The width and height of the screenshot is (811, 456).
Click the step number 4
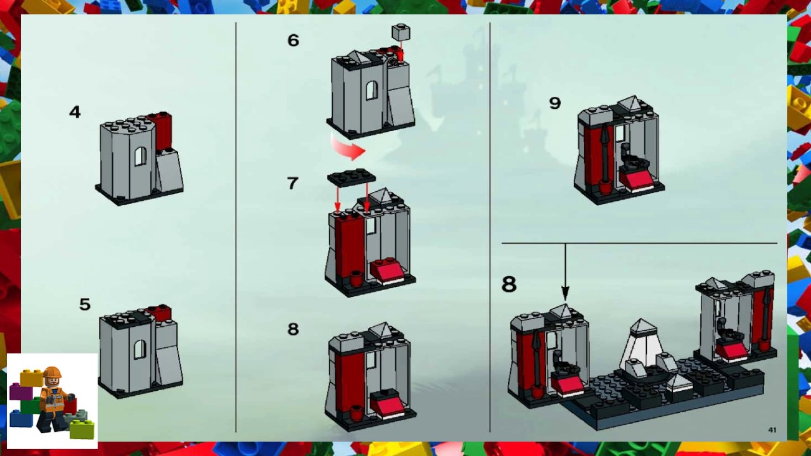75,112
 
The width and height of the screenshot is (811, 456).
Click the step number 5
85,305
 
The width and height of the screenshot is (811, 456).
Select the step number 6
293,41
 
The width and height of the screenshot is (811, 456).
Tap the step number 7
292,184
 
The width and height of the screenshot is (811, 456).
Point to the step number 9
555,103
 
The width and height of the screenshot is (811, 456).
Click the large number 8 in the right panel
509,284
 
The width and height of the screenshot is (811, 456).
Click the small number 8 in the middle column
292,329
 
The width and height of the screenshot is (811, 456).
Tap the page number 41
772,430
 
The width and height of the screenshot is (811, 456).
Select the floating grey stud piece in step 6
400,32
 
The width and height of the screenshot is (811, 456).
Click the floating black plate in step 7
351,177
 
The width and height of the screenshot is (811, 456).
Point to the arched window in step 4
140,156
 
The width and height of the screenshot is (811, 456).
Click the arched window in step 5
139,349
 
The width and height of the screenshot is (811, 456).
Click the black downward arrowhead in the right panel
565,292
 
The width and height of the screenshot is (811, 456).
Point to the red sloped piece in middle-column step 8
387,405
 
